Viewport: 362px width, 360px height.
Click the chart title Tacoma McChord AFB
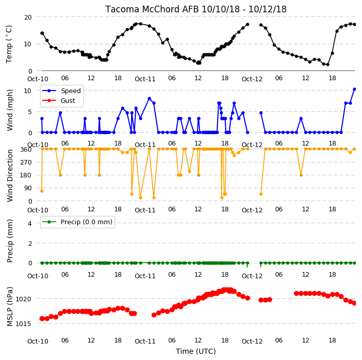[x=153, y=9]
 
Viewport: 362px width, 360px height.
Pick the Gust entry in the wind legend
[x=68, y=101]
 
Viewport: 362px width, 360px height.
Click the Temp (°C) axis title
[x=9, y=44]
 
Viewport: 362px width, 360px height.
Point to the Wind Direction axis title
[x=10, y=176]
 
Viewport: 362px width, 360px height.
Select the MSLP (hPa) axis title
[x=10, y=307]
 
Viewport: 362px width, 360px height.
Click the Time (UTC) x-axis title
[x=196, y=351]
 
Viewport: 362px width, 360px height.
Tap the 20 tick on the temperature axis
[x=28, y=17]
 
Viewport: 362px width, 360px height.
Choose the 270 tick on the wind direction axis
[x=26, y=163]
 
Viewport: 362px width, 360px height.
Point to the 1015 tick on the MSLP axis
[x=23, y=324]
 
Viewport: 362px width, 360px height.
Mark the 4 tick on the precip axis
[x=30, y=223]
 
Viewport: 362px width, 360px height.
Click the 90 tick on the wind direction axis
[x=28, y=188]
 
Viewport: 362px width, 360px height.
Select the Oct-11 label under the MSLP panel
[x=145, y=341]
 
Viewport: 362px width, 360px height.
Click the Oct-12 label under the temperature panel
[x=252, y=79]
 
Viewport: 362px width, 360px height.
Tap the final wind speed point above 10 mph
[x=355, y=89]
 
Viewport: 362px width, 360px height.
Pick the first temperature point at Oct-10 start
[x=42, y=33]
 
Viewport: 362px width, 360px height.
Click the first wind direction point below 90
[x=42, y=191]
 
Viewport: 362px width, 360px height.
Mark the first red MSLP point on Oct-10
[x=42, y=319]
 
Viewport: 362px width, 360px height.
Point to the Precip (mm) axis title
[x=10, y=241]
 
